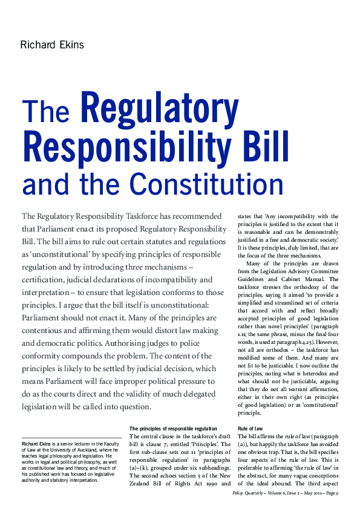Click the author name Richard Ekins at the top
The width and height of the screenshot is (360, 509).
click(x=51, y=45)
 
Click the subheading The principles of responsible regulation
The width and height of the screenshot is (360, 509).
click(x=173, y=429)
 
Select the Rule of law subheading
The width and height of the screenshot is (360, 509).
click(x=250, y=429)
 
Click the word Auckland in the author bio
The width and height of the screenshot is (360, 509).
click(x=88, y=451)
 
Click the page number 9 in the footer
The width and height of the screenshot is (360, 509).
click(x=336, y=493)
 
